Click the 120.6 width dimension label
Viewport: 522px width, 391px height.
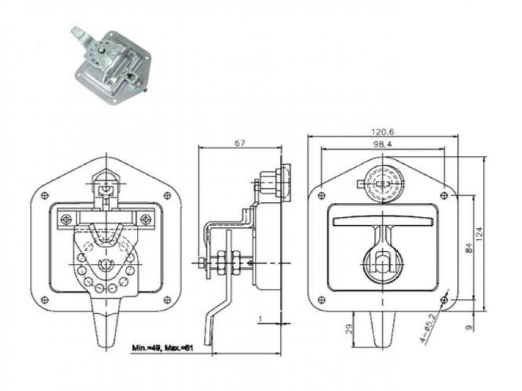tap(383, 132)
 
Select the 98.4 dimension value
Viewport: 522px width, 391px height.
tap(383, 144)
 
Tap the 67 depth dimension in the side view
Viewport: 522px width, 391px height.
tap(240, 143)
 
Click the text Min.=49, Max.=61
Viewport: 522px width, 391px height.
tap(163, 348)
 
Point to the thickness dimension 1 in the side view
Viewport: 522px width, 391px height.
tap(260, 319)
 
